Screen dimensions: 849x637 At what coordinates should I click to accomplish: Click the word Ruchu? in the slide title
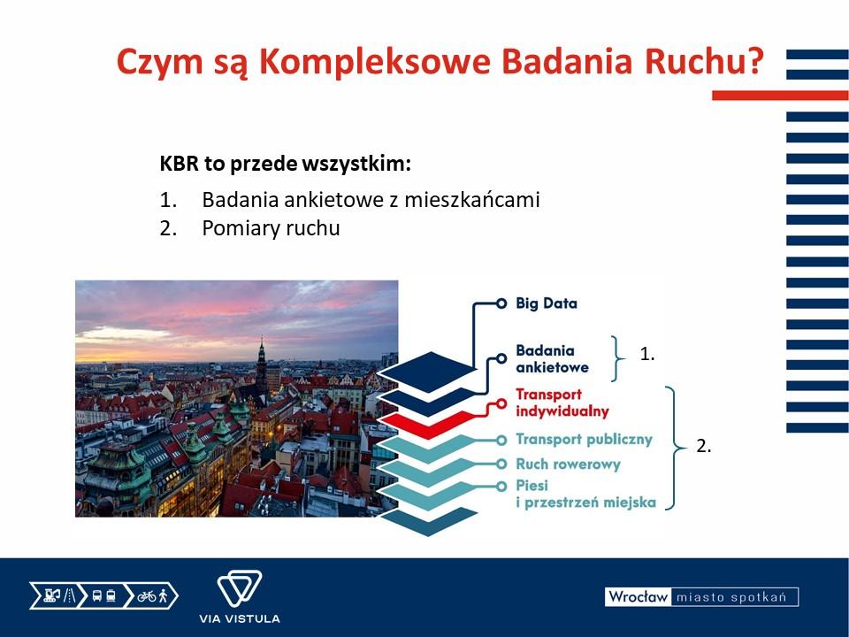click(703, 61)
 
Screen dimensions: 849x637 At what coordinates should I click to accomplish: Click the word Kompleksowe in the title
click(375, 62)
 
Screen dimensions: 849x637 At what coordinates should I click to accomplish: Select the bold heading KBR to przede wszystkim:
click(286, 164)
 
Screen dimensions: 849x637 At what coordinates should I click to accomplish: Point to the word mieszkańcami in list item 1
click(472, 200)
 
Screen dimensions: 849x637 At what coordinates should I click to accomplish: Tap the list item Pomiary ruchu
click(271, 228)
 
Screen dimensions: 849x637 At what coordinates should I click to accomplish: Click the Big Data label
click(547, 303)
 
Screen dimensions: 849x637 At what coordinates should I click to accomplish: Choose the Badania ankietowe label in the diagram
click(552, 358)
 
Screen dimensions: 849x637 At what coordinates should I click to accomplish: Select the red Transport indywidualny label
click(562, 403)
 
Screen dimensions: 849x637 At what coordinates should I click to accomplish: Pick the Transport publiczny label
click(584, 439)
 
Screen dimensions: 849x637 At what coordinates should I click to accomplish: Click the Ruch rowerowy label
click(568, 464)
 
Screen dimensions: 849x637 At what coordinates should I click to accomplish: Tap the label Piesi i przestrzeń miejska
click(585, 494)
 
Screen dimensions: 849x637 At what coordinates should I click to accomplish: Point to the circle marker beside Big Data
click(501, 303)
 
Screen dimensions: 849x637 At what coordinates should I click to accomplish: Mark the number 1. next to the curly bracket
click(647, 354)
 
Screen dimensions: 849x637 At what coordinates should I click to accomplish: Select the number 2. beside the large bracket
click(703, 446)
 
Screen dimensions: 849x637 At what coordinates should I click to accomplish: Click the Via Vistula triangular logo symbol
click(240, 588)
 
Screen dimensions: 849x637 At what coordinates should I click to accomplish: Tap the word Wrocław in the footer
click(638, 597)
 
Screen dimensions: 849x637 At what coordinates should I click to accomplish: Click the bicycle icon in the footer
click(146, 596)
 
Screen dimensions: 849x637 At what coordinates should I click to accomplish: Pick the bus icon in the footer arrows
click(97, 596)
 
